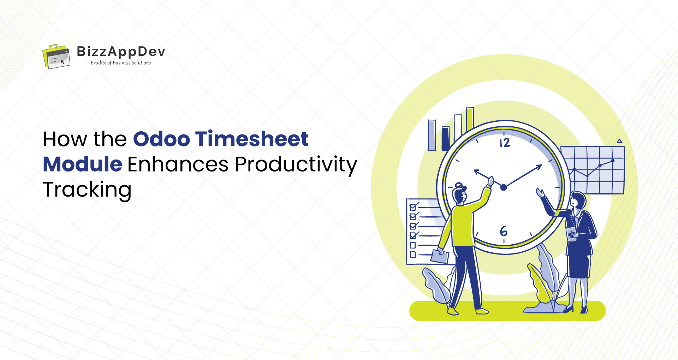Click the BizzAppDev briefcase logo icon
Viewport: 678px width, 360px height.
pyautogui.click(x=56, y=56)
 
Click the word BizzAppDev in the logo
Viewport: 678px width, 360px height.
pyautogui.click(x=121, y=52)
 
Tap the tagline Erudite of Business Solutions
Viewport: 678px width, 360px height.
pyautogui.click(x=121, y=63)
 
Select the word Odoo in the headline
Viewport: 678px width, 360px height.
pyautogui.click(x=161, y=139)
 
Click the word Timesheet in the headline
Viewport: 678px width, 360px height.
pyautogui.click(x=252, y=139)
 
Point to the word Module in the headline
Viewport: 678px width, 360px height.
pyautogui.click(x=83, y=164)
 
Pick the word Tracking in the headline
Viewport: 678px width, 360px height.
pyautogui.click(x=87, y=190)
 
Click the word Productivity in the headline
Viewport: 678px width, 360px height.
pyautogui.click(x=296, y=165)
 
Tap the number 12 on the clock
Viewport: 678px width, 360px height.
pyautogui.click(x=505, y=143)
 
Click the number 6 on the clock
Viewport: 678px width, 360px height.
pyautogui.click(x=504, y=231)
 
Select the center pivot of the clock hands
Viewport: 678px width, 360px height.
pyautogui.click(x=504, y=187)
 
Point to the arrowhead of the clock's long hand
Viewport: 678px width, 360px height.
pyautogui.click(x=539, y=167)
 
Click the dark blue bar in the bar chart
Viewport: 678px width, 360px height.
pyautogui.click(x=446, y=138)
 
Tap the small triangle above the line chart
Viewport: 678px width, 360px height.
pyautogui.click(x=619, y=141)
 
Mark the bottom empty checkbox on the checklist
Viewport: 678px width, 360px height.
pyautogui.click(x=412, y=254)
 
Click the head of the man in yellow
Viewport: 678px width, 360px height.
pyautogui.click(x=459, y=194)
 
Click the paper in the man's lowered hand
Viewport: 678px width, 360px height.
pyautogui.click(x=440, y=257)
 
